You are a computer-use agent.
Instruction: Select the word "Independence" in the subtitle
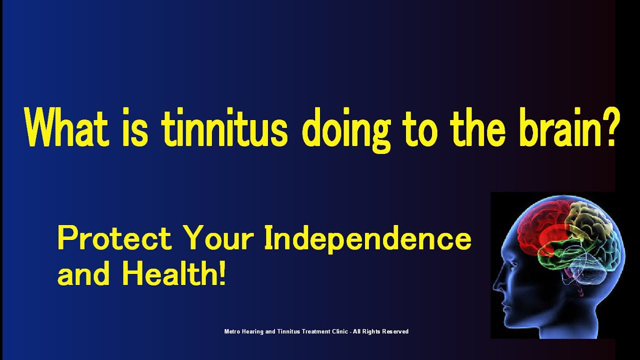pyautogui.click(x=367, y=239)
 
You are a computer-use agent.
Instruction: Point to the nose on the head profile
pyautogui.click(x=496, y=285)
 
